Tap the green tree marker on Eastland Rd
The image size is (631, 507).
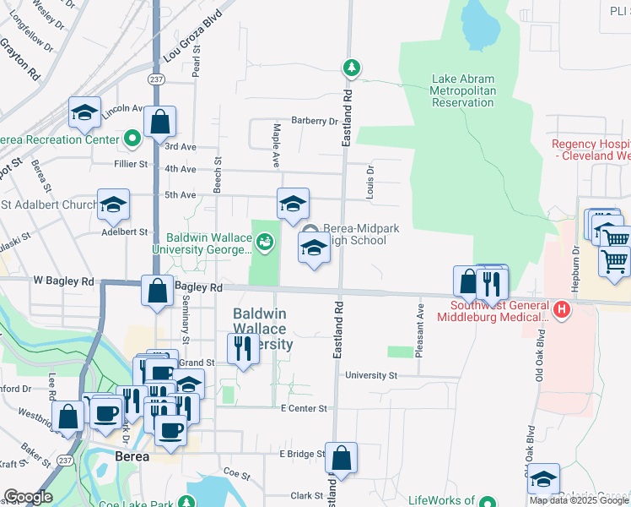tap(351, 68)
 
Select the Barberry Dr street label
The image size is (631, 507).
tap(315, 121)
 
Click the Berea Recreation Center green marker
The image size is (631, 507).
tap(132, 138)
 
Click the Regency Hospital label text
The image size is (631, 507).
tap(591, 150)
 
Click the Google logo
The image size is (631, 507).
tap(28, 497)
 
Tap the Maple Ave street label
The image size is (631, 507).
tap(276, 143)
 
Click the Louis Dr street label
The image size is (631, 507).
tap(369, 182)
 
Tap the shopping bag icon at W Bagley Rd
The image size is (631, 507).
tap(157, 292)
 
